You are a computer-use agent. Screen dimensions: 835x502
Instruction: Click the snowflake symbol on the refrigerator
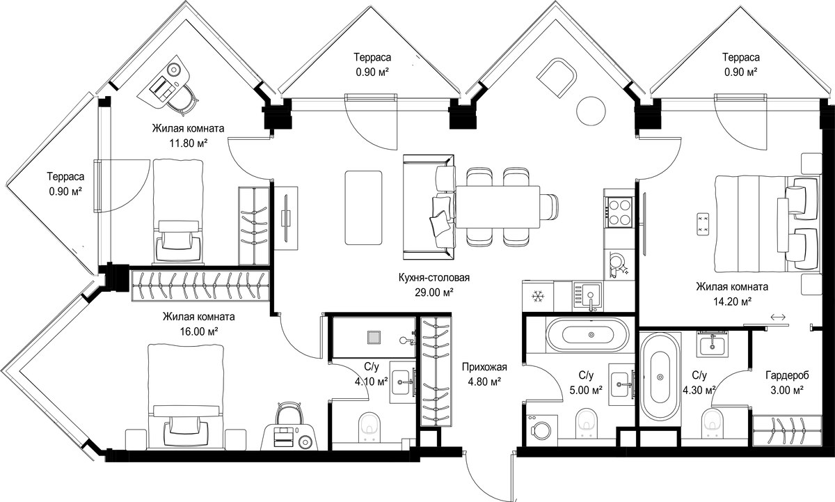tap(538, 297)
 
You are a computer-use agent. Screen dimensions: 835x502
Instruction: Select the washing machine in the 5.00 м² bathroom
tap(541, 428)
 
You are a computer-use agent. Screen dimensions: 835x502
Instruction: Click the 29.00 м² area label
tap(434, 292)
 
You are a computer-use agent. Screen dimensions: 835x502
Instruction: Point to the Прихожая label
tap(484, 367)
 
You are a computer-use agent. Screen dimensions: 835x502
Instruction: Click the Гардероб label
tap(787, 375)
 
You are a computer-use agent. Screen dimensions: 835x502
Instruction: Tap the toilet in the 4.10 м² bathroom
tap(369, 426)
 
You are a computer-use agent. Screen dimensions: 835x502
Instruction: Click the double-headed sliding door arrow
tap(778, 317)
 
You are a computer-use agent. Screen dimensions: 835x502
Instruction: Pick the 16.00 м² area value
tap(199, 331)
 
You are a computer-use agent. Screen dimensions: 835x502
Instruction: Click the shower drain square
tap(373, 338)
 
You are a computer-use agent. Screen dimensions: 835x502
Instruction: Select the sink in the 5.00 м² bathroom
tap(621, 384)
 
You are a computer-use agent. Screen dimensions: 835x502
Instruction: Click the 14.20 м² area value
tap(732, 301)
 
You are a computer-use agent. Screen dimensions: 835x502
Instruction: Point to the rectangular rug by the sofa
tap(363, 207)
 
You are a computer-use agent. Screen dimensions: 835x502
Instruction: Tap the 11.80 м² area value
tap(189, 143)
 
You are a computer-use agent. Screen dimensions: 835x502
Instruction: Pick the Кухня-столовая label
tap(434, 278)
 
